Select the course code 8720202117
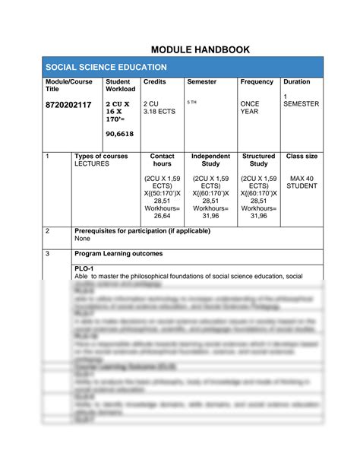tap(68, 104)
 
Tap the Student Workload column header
tap(120, 85)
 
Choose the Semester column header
tap(201, 81)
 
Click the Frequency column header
tap(257, 81)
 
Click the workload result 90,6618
tap(120, 134)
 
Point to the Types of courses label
tap(101, 156)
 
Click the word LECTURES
tap(92, 163)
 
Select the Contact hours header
tap(162, 160)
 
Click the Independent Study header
tap(210, 160)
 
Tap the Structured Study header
tap(258, 160)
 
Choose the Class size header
tap(302, 156)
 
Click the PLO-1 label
tap(83, 269)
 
